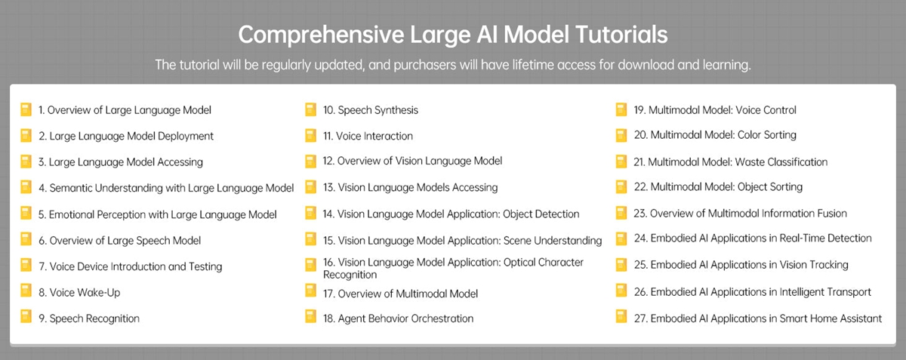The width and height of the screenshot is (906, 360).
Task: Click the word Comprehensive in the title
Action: click(x=321, y=35)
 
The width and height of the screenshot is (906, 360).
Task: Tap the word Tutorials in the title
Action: click(x=621, y=34)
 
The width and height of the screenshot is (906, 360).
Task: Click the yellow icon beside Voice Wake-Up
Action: click(x=26, y=291)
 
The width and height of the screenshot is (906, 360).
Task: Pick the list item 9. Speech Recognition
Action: click(x=89, y=318)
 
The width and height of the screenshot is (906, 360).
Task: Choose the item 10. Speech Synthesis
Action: click(x=370, y=110)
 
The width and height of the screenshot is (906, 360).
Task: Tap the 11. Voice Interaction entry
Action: click(x=368, y=136)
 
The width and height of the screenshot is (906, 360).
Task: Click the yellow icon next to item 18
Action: click(x=310, y=317)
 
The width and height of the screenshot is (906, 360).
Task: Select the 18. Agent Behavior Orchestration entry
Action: click(x=398, y=318)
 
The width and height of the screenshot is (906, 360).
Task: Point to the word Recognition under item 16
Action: click(x=350, y=275)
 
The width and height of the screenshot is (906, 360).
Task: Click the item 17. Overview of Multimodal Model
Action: click(x=400, y=294)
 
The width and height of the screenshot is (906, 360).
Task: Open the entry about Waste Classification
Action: click(x=731, y=162)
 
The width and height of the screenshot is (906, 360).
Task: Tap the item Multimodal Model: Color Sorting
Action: click(x=715, y=135)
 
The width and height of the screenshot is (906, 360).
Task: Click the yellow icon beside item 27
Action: click(x=621, y=317)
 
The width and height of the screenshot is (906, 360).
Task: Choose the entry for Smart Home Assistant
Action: click(x=757, y=318)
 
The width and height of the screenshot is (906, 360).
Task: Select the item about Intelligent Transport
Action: click(x=752, y=292)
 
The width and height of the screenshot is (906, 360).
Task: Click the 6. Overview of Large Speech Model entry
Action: click(x=120, y=241)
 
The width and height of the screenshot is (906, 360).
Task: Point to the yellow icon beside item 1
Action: click(x=26, y=109)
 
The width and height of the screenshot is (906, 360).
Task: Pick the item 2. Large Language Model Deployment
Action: click(x=126, y=136)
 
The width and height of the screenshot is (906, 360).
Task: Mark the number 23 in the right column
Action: click(x=639, y=213)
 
